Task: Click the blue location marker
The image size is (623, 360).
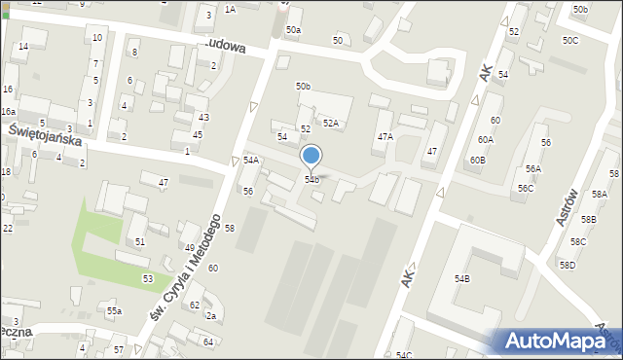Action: pyautogui.click(x=311, y=156)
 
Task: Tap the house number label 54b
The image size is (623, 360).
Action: pyautogui.click(x=311, y=180)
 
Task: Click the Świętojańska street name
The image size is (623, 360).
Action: pyautogui.click(x=45, y=134)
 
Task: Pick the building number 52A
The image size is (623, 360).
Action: pyautogui.click(x=331, y=124)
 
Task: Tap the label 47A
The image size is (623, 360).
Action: pyautogui.click(x=385, y=137)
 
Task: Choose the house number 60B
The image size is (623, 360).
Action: pyautogui.click(x=477, y=160)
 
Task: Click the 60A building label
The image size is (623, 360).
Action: pyautogui.click(x=486, y=140)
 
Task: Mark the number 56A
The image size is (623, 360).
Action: pyautogui.click(x=533, y=169)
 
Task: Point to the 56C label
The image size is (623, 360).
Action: pyautogui.click(x=526, y=188)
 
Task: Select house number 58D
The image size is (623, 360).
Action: pyautogui.click(x=567, y=266)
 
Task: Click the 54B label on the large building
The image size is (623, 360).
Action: pyautogui.click(x=462, y=279)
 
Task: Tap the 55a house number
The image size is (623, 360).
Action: pyautogui.click(x=115, y=311)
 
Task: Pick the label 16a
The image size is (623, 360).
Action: pyautogui.click(x=8, y=112)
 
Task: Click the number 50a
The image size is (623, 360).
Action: pyautogui.click(x=293, y=31)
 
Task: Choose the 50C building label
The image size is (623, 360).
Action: pyautogui.click(x=569, y=40)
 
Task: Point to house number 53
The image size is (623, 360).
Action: pyautogui.click(x=147, y=279)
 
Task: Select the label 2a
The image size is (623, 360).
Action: pyautogui.click(x=209, y=316)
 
